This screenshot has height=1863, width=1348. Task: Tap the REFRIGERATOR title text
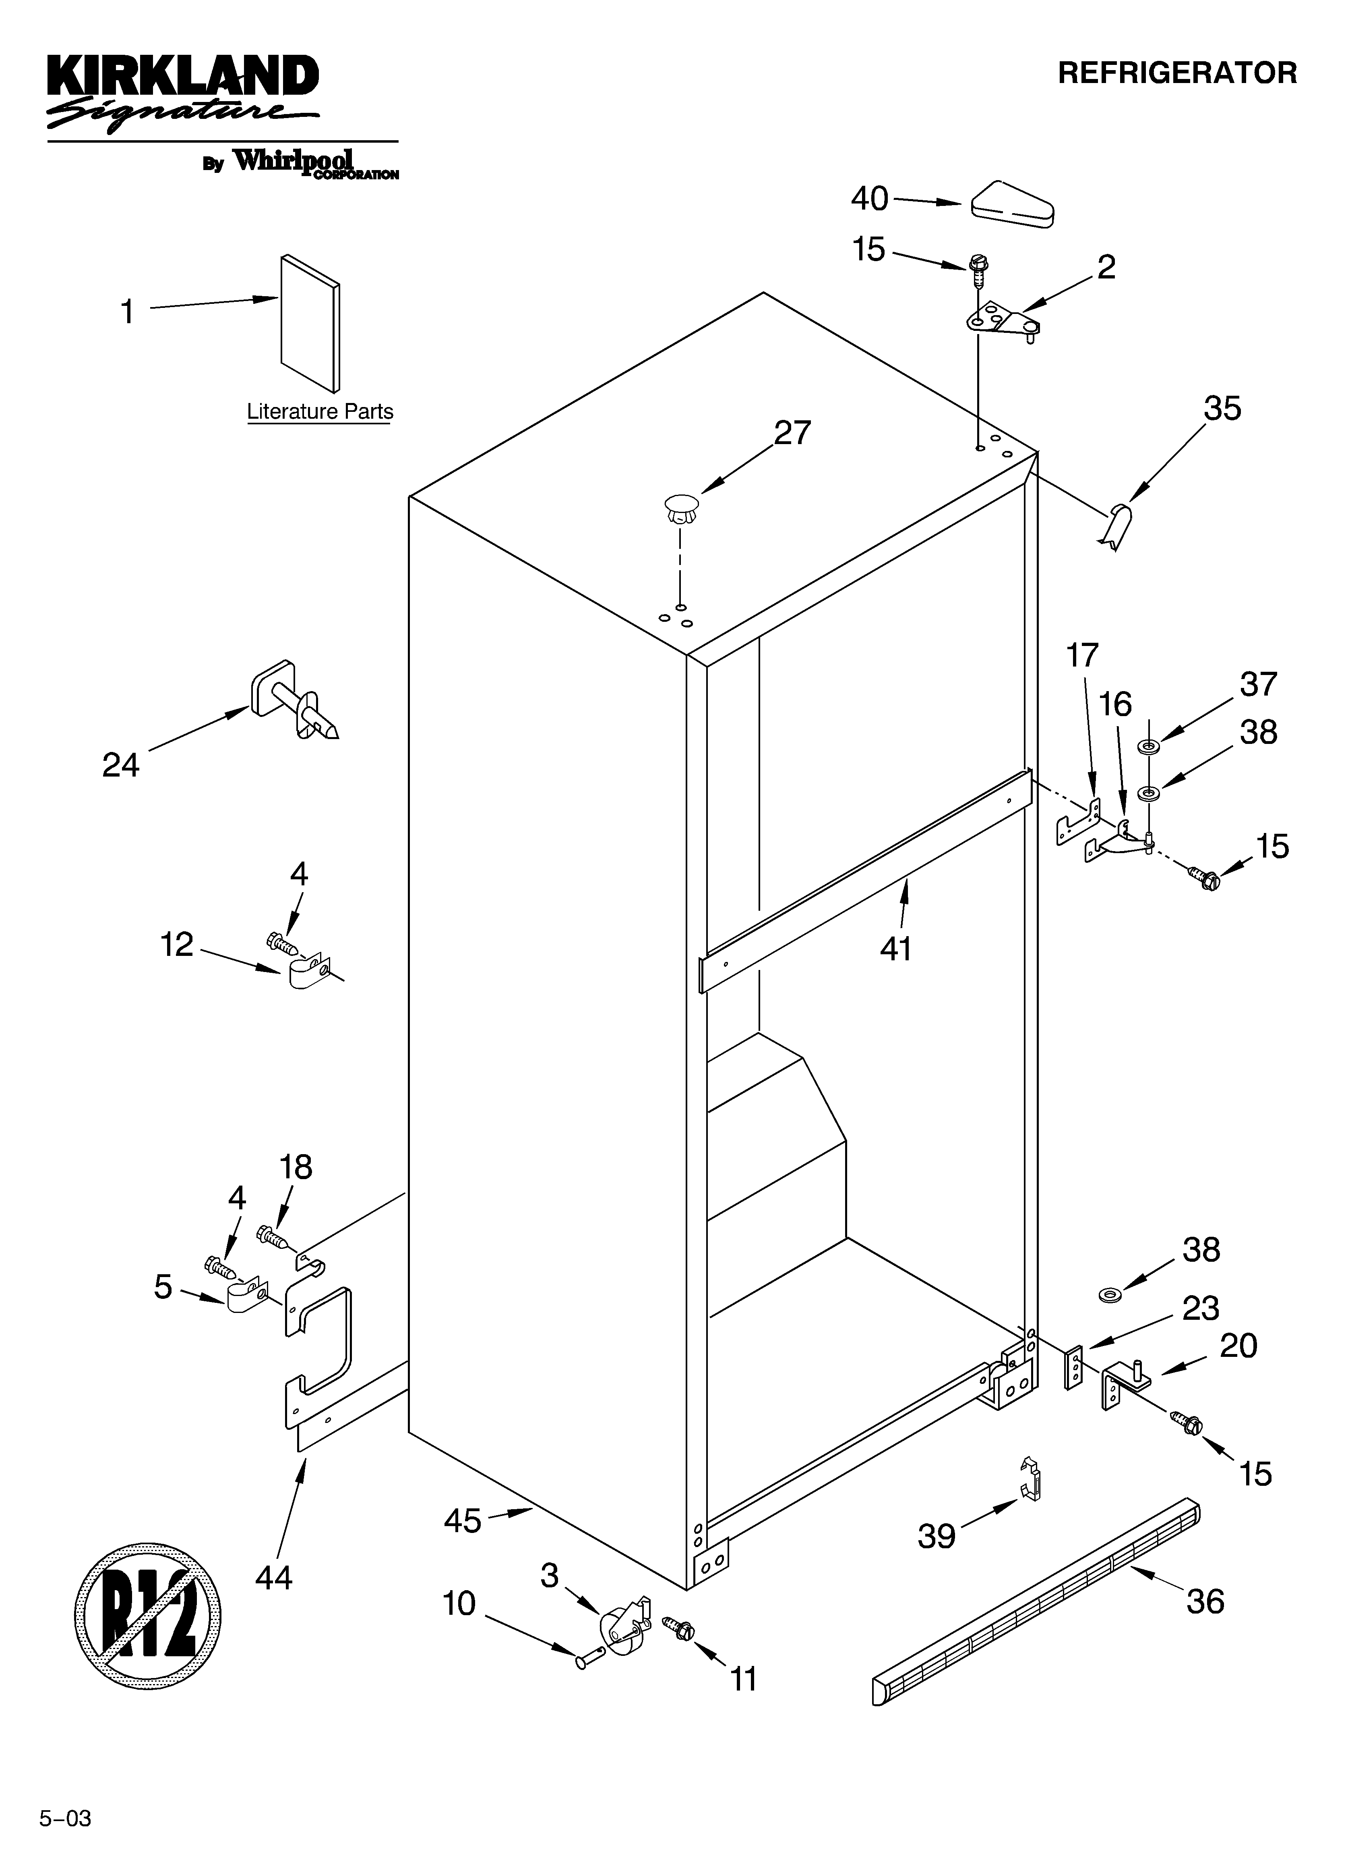click(x=1176, y=73)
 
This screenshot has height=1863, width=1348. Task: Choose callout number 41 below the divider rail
click(x=896, y=949)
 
